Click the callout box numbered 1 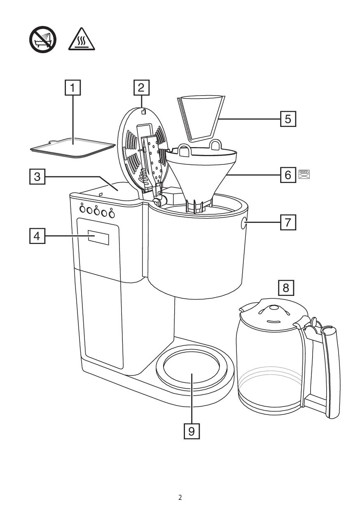click(x=73, y=87)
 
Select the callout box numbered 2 click(x=141, y=87)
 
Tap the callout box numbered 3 click(x=37, y=176)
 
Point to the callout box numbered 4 click(x=37, y=236)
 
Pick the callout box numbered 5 click(x=288, y=119)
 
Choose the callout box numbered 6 click(x=288, y=175)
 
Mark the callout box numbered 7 click(x=288, y=223)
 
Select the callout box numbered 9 click(x=191, y=431)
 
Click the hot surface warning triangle click(x=82, y=40)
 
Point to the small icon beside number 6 click(x=304, y=174)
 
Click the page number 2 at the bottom click(x=180, y=497)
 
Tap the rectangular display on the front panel click(x=98, y=237)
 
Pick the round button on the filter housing click(x=243, y=224)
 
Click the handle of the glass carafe click(x=332, y=371)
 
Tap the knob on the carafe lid click(x=272, y=308)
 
